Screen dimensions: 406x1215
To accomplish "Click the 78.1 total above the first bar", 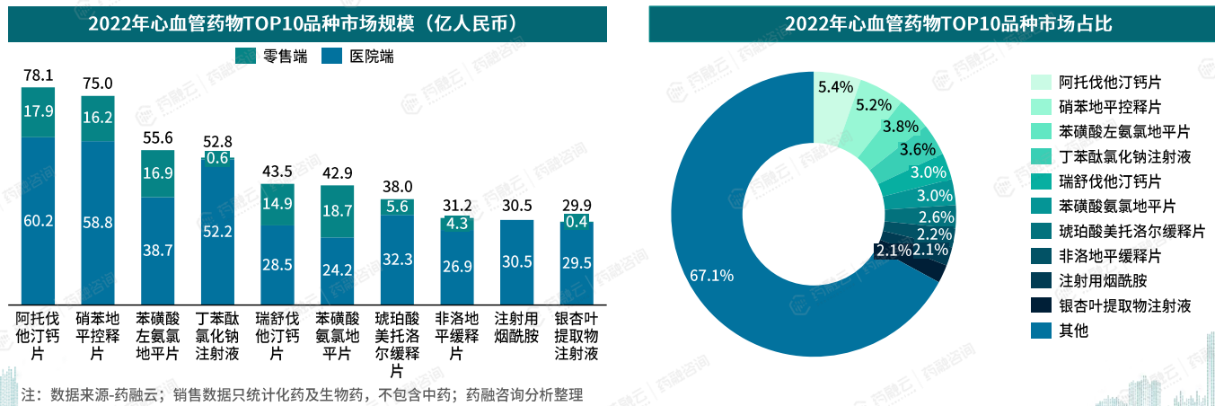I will click(x=38, y=75).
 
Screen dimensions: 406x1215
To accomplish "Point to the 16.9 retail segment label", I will click(x=157, y=173).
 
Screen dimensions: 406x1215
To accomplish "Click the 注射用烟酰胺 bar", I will click(x=516, y=261).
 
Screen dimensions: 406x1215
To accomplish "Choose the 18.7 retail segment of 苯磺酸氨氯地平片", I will click(x=337, y=211).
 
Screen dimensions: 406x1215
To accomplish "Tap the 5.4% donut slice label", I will click(x=835, y=87).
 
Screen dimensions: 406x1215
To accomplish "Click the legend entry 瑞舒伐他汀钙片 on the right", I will click(x=1111, y=181).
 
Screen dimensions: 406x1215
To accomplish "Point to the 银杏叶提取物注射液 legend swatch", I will click(x=1041, y=305).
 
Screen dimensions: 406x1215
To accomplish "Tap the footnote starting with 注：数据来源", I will click(x=303, y=394).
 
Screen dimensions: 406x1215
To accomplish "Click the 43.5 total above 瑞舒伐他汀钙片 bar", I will click(x=277, y=172).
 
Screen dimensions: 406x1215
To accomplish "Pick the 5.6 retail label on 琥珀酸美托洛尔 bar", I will click(x=396, y=207).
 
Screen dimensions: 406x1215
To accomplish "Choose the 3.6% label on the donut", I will click(x=918, y=149).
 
